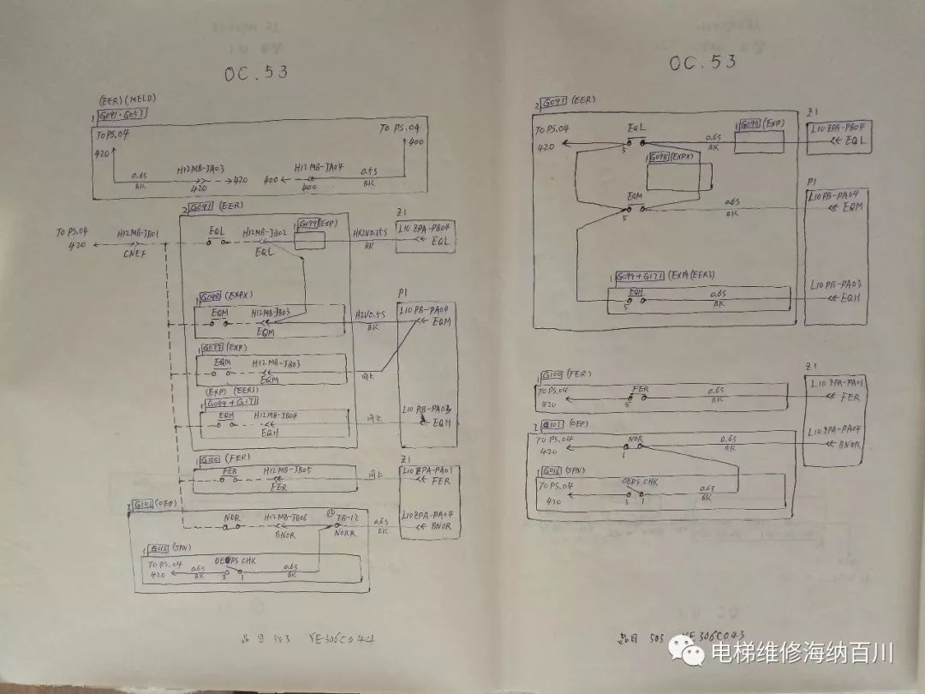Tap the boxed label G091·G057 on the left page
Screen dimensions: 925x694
pos(123,114)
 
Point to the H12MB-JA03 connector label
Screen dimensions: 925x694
pos(200,170)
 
